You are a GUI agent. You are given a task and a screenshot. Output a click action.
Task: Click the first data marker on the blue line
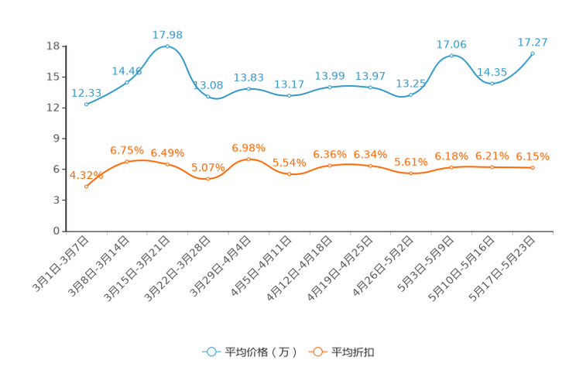(86, 105)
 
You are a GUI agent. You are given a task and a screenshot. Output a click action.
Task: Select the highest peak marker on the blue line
(167, 46)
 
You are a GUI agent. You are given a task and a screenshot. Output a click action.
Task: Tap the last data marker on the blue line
(533, 53)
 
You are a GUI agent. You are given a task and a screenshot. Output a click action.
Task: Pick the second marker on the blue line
(127, 81)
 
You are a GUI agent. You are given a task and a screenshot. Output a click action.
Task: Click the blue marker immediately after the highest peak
(207, 95)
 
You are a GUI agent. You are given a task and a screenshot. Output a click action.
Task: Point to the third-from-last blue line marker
(451, 55)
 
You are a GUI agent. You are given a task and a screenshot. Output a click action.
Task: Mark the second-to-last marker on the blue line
(492, 81)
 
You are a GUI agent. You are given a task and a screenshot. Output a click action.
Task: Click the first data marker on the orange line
(86, 186)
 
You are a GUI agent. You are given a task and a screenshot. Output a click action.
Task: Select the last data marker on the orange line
(533, 167)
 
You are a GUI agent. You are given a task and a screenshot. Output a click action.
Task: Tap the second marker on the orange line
(127, 161)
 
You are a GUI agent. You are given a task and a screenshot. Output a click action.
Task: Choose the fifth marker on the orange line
(249, 159)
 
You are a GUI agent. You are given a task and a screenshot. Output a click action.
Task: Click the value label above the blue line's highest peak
(167, 34)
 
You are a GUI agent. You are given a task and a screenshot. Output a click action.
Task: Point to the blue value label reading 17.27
(533, 41)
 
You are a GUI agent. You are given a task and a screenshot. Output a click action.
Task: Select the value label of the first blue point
(84, 93)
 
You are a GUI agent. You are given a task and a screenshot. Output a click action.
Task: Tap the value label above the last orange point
(533, 156)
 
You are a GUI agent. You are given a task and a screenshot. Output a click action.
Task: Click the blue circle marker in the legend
(211, 351)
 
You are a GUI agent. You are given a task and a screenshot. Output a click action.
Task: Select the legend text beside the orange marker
(353, 352)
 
